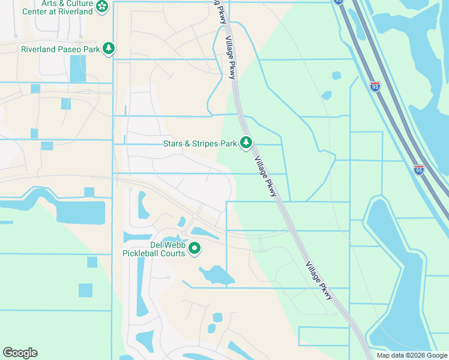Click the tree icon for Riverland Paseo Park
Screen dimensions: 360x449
click(109, 48)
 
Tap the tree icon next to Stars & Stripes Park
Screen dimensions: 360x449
click(246, 143)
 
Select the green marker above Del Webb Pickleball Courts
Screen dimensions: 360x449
click(194, 247)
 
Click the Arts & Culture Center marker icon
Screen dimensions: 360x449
click(103, 7)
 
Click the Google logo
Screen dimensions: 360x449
click(20, 353)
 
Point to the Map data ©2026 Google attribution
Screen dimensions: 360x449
click(411, 355)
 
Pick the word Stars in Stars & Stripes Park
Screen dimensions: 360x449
click(174, 144)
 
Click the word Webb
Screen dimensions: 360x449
click(176, 245)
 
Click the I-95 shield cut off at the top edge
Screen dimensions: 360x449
click(339, 2)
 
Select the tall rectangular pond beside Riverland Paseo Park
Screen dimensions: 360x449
click(78, 68)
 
